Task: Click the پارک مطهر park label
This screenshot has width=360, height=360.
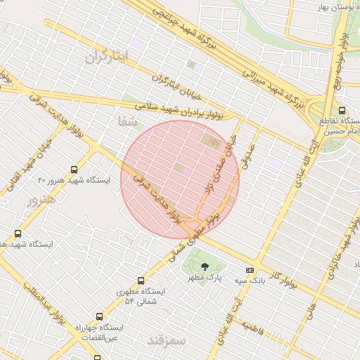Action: pyautogui.click(x=205, y=278)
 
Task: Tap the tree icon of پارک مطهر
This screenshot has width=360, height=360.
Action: pyautogui.click(x=205, y=266)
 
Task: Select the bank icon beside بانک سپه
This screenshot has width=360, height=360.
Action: pyautogui.click(x=250, y=270)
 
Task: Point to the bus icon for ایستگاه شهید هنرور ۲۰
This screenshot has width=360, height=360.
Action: pyautogui.click(x=75, y=169)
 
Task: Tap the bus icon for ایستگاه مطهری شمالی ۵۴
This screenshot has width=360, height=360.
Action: pyautogui.click(x=141, y=281)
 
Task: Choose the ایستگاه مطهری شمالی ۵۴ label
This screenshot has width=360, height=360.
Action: pyautogui.click(x=139, y=296)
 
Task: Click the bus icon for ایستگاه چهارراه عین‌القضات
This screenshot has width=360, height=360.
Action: pyautogui.click(x=99, y=316)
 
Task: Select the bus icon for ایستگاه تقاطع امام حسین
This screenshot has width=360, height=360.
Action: pyautogui.click(x=342, y=110)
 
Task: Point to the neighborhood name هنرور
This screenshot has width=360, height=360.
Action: pyautogui.click(x=40, y=200)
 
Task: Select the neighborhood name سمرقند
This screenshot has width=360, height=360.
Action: pyautogui.click(x=167, y=340)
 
